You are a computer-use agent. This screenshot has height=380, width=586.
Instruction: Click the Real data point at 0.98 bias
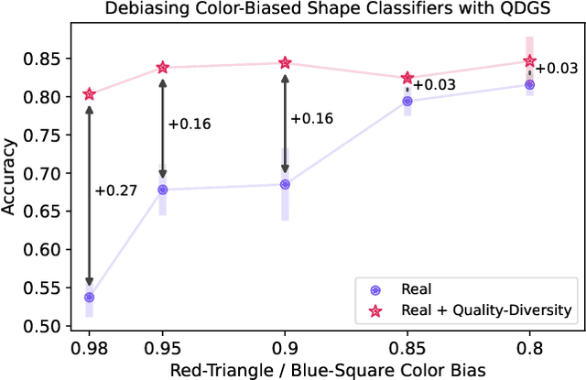point(90,298)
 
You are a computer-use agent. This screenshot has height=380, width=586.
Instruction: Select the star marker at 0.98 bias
point(90,94)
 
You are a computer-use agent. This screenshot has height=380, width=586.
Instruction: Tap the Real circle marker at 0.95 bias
point(163,190)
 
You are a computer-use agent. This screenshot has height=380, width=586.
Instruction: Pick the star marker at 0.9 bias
point(285,63)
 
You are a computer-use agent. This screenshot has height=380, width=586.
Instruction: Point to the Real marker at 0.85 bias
point(407,102)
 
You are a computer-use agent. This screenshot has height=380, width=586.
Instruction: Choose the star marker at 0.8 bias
point(529,61)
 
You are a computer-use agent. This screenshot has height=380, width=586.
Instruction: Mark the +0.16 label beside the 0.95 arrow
point(190,124)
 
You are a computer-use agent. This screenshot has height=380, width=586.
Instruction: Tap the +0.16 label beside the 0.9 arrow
point(312,118)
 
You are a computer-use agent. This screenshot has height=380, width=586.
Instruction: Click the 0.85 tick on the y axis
point(42,59)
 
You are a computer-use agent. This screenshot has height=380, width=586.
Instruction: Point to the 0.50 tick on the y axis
point(42,326)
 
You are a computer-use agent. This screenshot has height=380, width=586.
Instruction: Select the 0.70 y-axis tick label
point(42,173)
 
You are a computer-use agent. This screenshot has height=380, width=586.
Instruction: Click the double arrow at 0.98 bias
point(90,196)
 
